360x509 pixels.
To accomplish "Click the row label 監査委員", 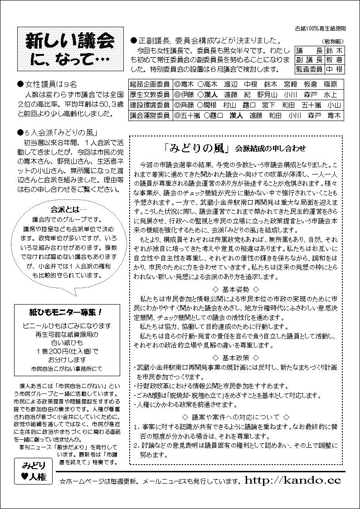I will click(x=309, y=69).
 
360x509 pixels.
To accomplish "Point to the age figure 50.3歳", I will click(x=105, y=104).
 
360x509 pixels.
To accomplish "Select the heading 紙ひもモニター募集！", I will click(x=65, y=313).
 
